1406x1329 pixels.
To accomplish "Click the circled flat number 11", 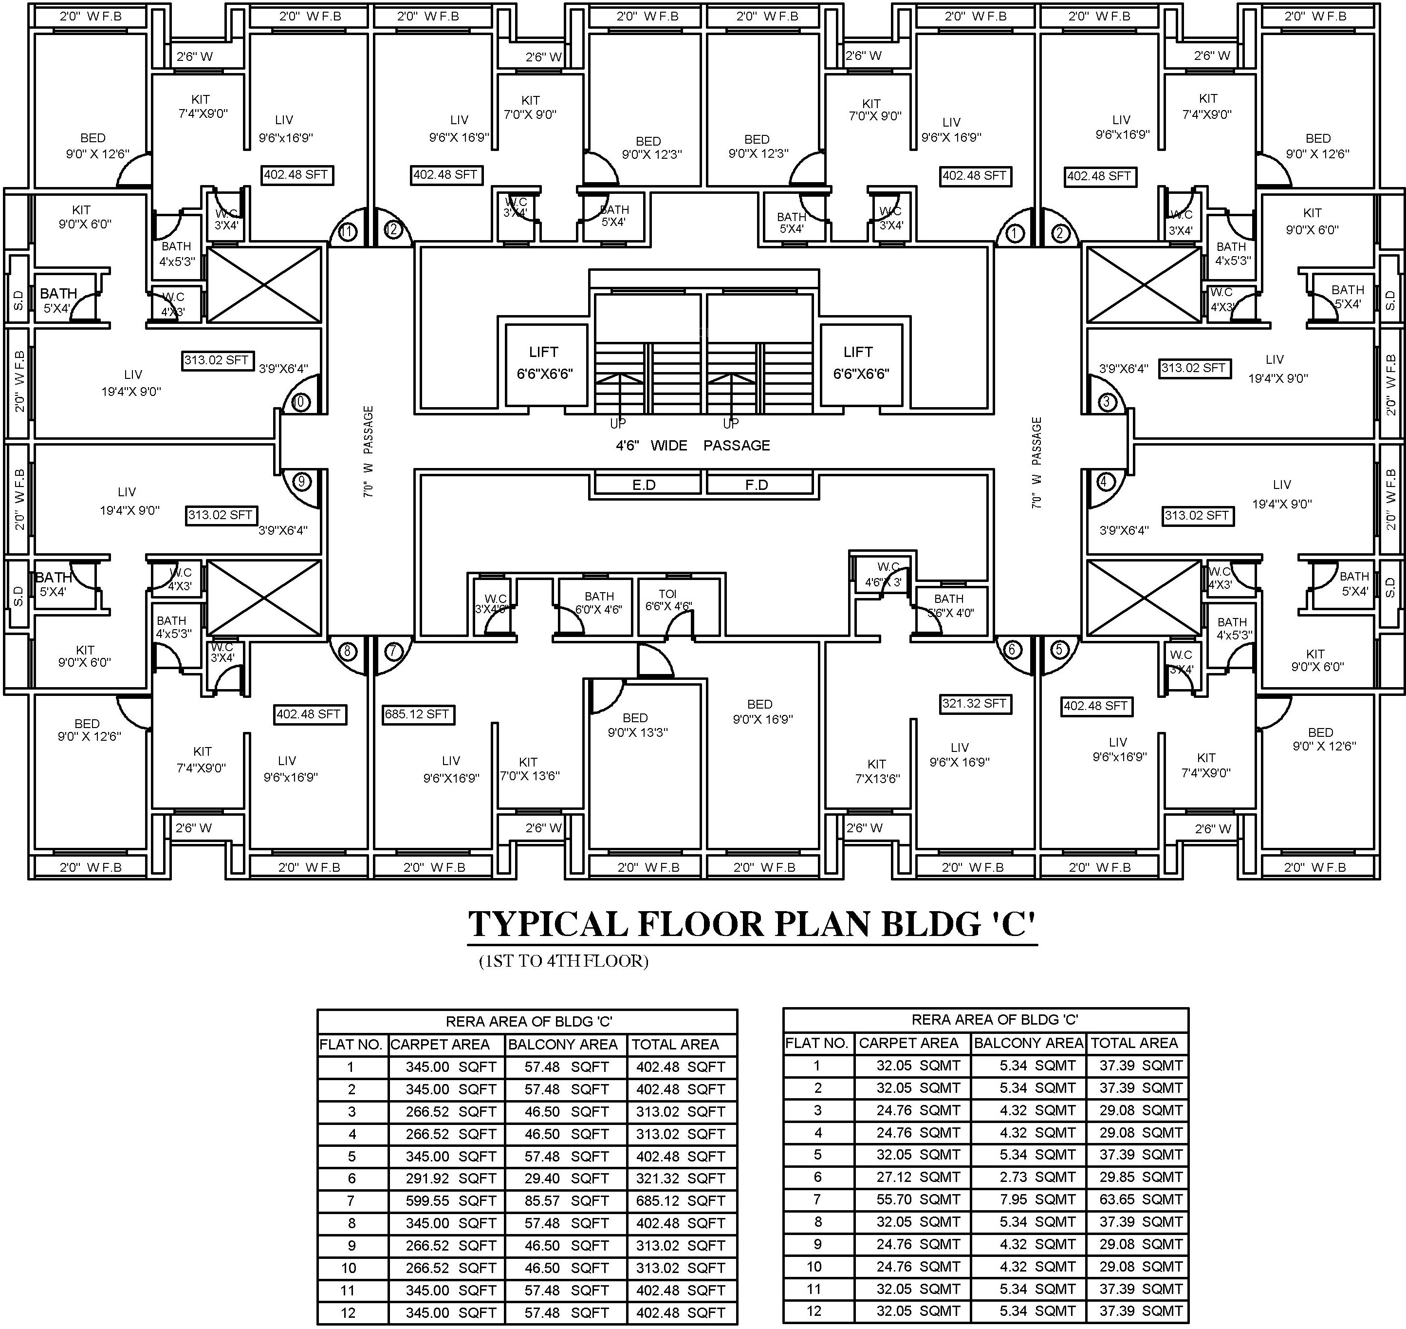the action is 347,231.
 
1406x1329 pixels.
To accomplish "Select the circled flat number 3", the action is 1107,402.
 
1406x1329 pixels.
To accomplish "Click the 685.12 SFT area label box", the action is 417,714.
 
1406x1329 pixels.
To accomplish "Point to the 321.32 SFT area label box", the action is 974,704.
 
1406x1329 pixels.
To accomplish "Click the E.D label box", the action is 644,485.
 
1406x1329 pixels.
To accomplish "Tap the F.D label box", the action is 757,485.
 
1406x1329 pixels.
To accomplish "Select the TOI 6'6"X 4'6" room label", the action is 668,600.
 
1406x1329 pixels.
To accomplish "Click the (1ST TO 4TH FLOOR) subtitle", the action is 563,961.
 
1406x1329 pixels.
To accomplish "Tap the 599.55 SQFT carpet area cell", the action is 450,1200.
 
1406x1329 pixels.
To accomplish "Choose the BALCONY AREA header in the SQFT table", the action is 563,1044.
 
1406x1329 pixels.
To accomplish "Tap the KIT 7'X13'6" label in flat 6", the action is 876,771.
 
